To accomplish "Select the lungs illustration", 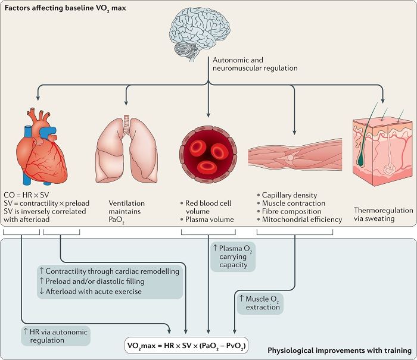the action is pyautogui.click(x=126, y=149).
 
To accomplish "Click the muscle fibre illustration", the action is pyautogui.click(x=295, y=154).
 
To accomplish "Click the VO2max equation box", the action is pyautogui.click(x=186, y=346).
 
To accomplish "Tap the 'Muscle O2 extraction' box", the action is pyautogui.click(x=260, y=303).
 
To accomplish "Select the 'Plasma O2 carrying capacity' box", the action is pyautogui.click(x=233, y=256).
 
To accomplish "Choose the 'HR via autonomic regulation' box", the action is pyautogui.click(x=55, y=336).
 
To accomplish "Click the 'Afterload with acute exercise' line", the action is pyautogui.click(x=91, y=292).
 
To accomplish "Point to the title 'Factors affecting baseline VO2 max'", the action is pyautogui.click(x=65, y=8).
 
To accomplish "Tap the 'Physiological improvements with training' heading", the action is pyautogui.click(x=340, y=350).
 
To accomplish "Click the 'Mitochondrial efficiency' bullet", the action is pyautogui.click(x=300, y=220).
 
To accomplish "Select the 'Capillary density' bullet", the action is pyautogui.click(x=287, y=195).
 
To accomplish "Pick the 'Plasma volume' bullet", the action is pyautogui.click(x=207, y=220).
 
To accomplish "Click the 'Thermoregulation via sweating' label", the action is pyautogui.click(x=383, y=214).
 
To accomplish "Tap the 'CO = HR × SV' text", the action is pyautogui.click(x=26, y=195).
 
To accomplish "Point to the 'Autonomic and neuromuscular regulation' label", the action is pyautogui.click(x=255, y=64).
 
